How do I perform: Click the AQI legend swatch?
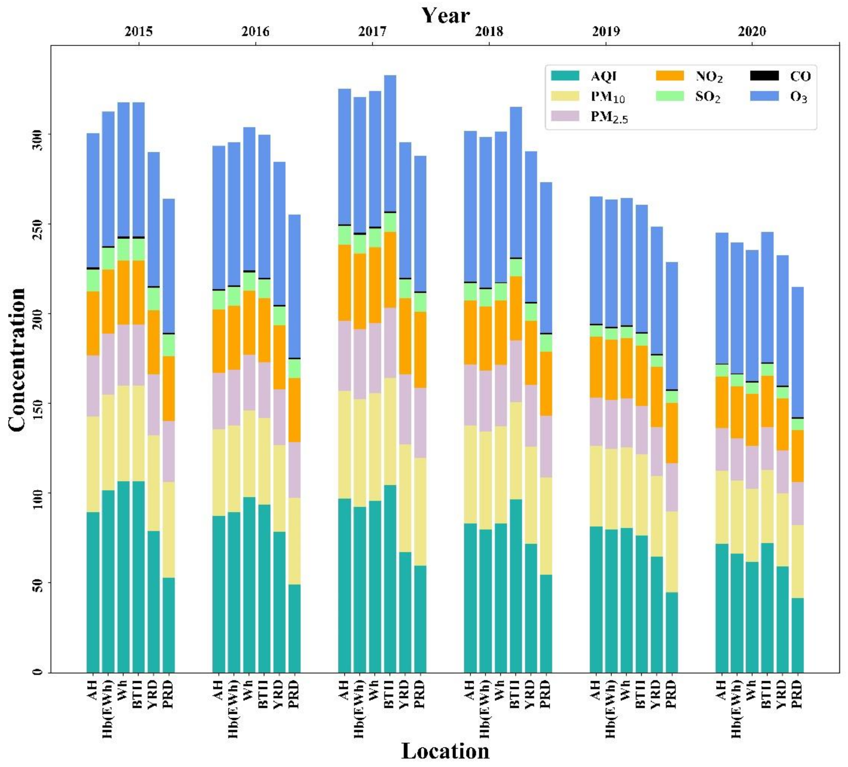click(565, 76)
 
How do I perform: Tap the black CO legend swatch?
click(764, 76)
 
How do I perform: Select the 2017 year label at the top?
click(373, 31)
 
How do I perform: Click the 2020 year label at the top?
click(752, 31)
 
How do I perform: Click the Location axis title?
click(446, 751)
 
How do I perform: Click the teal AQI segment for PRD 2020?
click(797, 635)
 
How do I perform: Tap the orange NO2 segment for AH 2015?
click(93, 323)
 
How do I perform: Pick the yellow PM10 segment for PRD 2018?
click(546, 526)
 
